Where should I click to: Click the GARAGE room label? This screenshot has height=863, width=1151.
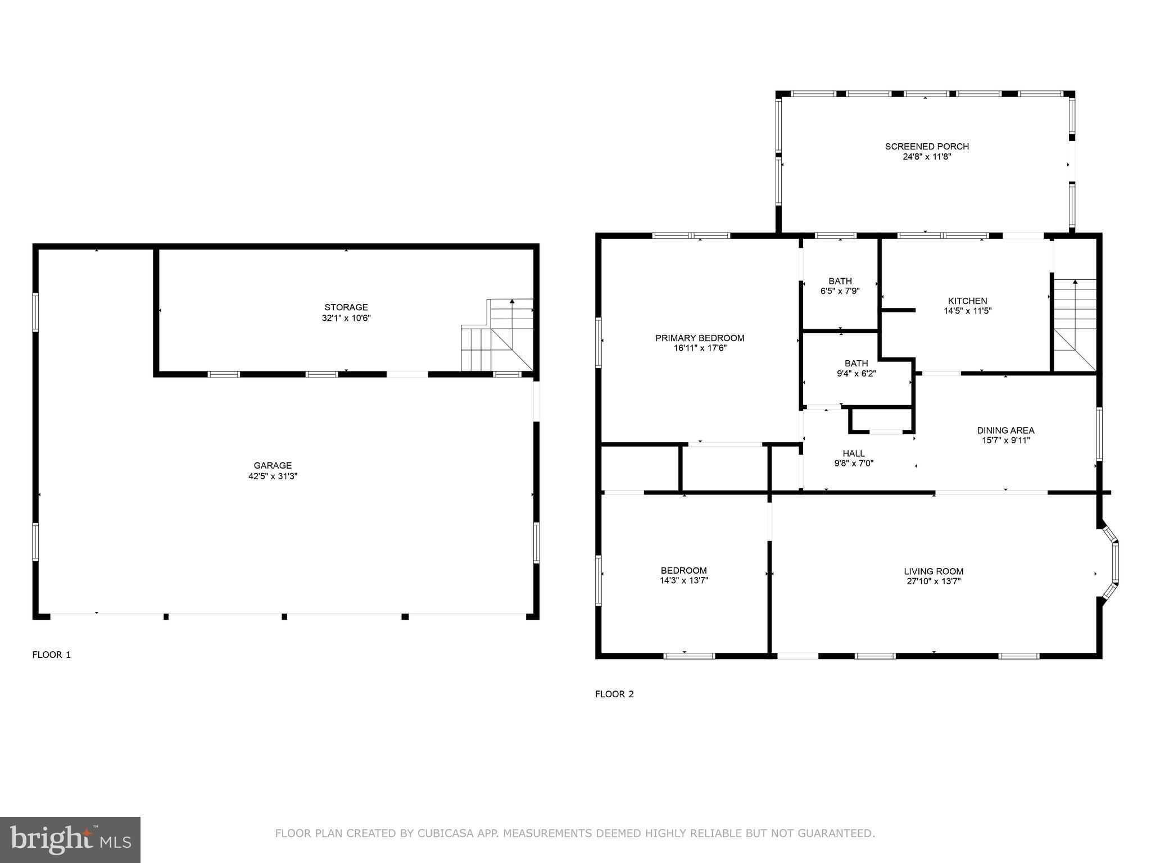[x=273, y=465]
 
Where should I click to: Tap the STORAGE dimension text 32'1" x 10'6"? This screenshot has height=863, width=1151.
[x=346, y=318]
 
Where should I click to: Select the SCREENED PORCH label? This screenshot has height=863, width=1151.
[x=927, y=147]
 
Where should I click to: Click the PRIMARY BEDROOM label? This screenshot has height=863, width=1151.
[x=700, y=338]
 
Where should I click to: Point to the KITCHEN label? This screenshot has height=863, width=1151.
[x=967, y=301]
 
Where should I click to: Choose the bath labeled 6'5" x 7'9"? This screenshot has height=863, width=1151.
[x=840, y=286]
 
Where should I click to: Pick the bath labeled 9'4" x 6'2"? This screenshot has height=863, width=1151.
[x=856, y=368]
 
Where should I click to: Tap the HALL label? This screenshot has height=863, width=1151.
[x=854, y=453]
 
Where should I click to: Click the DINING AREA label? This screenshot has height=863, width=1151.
[x=1005, y=430]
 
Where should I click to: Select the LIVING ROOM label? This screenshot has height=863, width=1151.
[x=934, y=571]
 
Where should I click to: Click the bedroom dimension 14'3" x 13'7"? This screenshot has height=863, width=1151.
[x=684, y=580]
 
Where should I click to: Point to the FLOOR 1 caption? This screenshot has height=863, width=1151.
[x=52, y=655]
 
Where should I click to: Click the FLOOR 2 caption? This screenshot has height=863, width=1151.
[x=614, y=694]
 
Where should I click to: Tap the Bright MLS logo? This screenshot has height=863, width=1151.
[x=70, y=839]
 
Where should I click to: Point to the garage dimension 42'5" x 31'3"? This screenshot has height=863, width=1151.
[x=273, y=476]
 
